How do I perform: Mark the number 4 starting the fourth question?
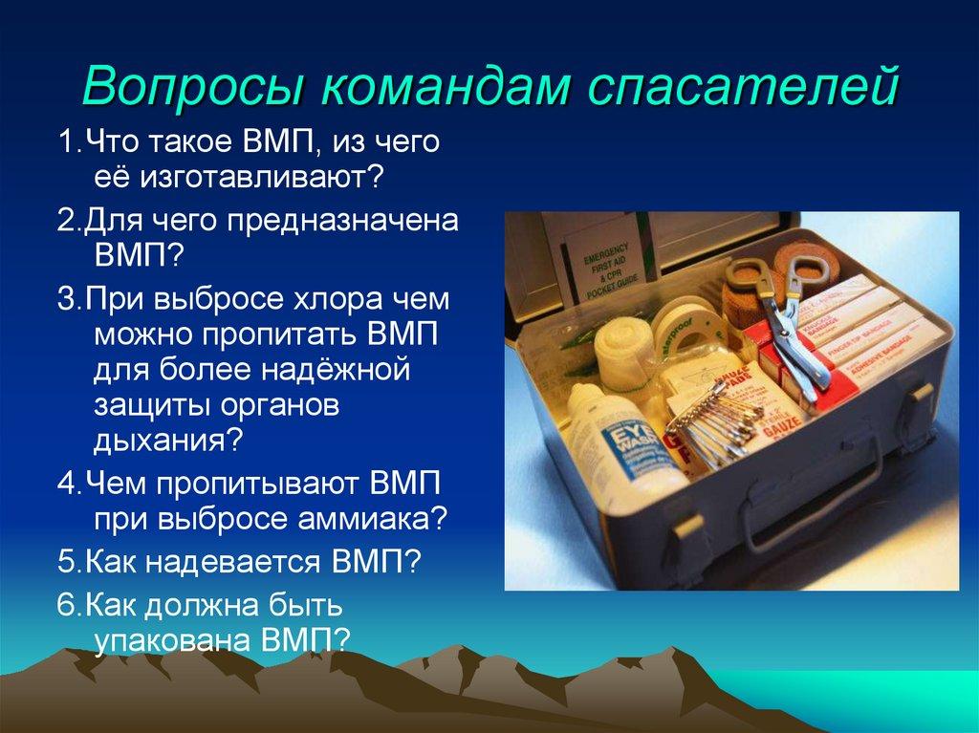point(64,480)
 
